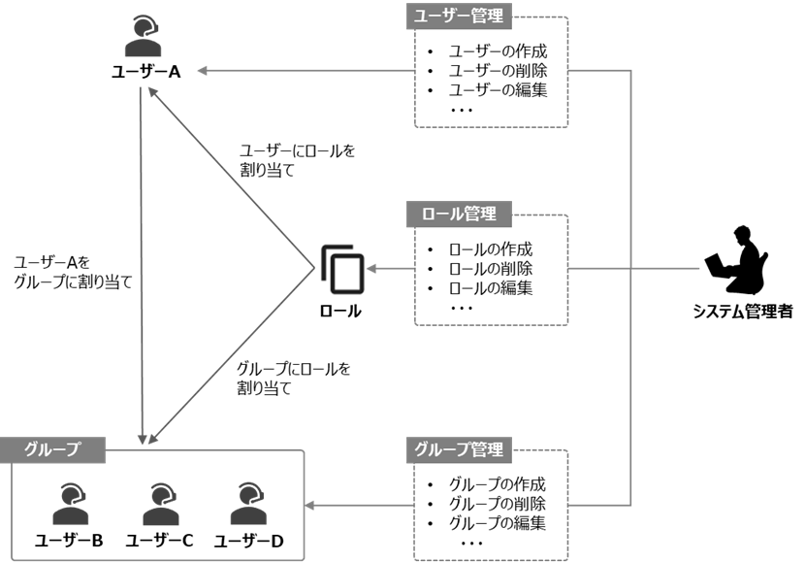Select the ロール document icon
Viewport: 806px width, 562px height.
(340, 268)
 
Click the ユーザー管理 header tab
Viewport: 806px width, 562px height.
(459, 17)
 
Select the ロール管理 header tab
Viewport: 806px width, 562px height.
(459, 214)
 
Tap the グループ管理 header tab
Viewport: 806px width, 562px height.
(459, 449)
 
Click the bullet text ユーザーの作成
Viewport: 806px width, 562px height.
(498, 51)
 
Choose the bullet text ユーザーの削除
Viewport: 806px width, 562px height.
(498, 71)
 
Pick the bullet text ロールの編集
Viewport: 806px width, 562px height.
(491, 287)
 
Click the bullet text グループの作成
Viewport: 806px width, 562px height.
(498, 484)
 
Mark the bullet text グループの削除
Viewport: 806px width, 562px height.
(498, 504)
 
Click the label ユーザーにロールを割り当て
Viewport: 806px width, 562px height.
(297, 160)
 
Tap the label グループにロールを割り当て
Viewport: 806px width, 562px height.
(294, 379)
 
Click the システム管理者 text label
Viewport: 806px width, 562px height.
(743, 312)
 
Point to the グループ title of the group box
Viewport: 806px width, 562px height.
(51, 449)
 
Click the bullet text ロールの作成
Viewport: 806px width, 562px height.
(491, 248)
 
